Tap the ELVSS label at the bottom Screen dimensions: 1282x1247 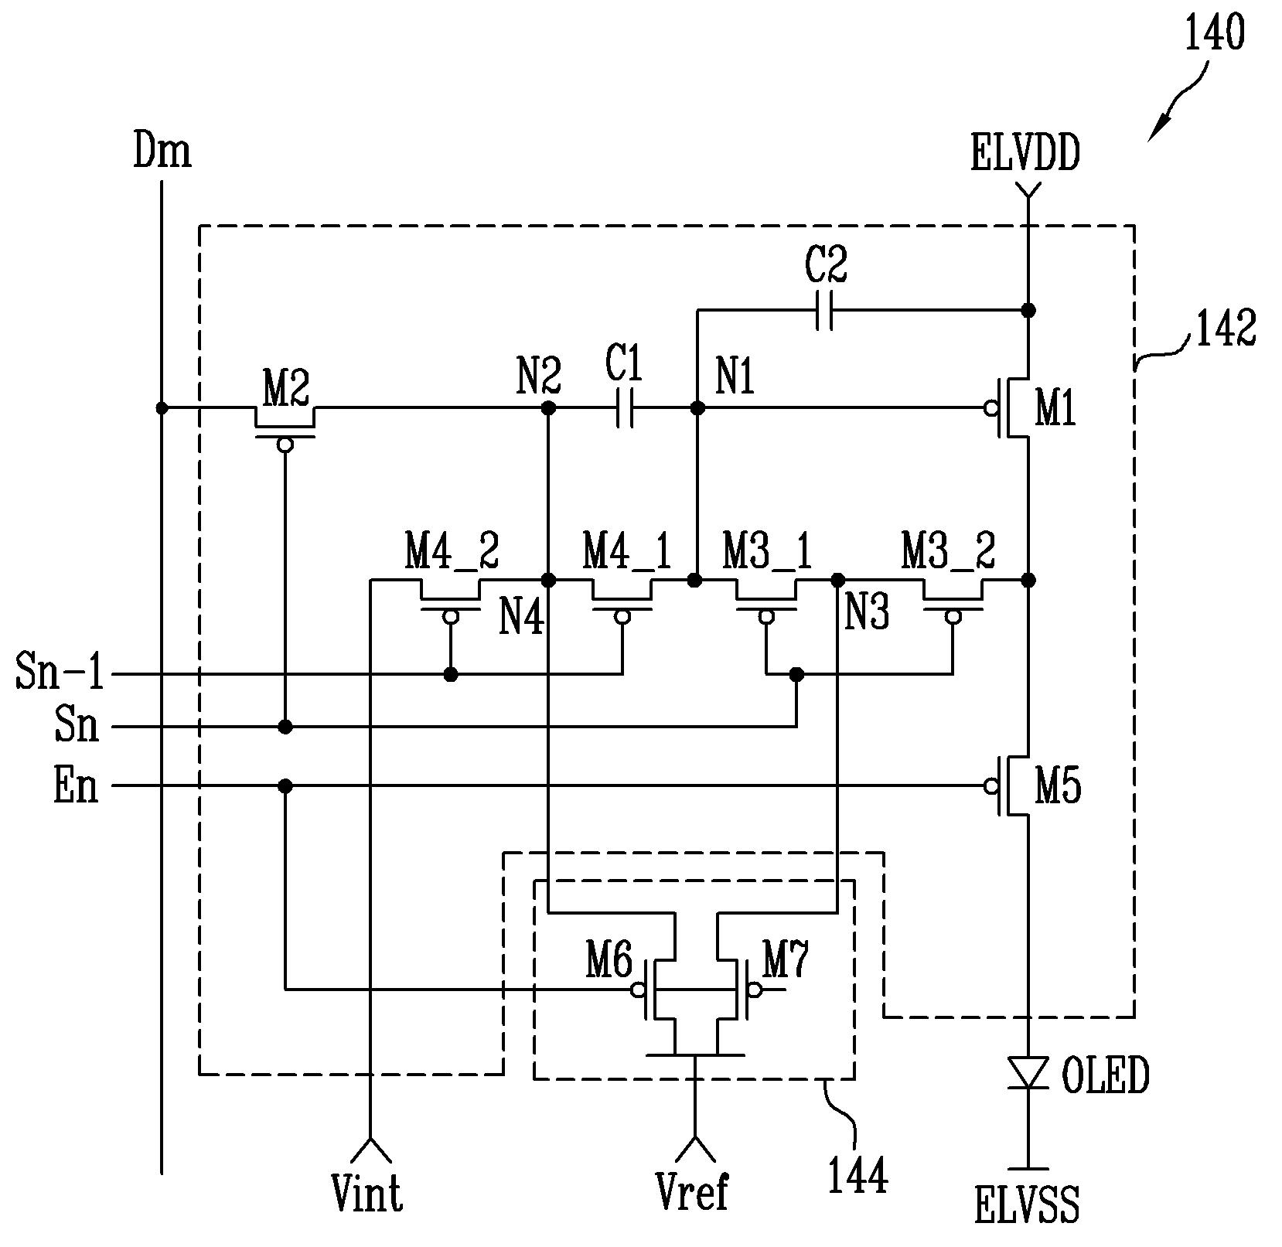tap(1026, 1206)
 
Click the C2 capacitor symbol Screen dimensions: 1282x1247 tap(824, 311)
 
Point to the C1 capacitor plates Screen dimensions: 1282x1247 tap(626, 407)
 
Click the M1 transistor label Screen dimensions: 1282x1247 tap(1055, 409)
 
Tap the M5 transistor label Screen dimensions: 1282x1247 tap(1058, 787)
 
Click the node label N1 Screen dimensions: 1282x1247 tap(735, 378)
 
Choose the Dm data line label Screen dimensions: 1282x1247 tap(162, 151)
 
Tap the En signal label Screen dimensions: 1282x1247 tap(76, 786)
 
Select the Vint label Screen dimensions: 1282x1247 tap(367, 1193)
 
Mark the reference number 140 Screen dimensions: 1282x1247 tap(1215, 34)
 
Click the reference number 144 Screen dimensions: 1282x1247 tap(858, 1177)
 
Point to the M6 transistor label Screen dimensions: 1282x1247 tap(609, 963)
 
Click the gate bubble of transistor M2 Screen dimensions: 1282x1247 tap(285, 445)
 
